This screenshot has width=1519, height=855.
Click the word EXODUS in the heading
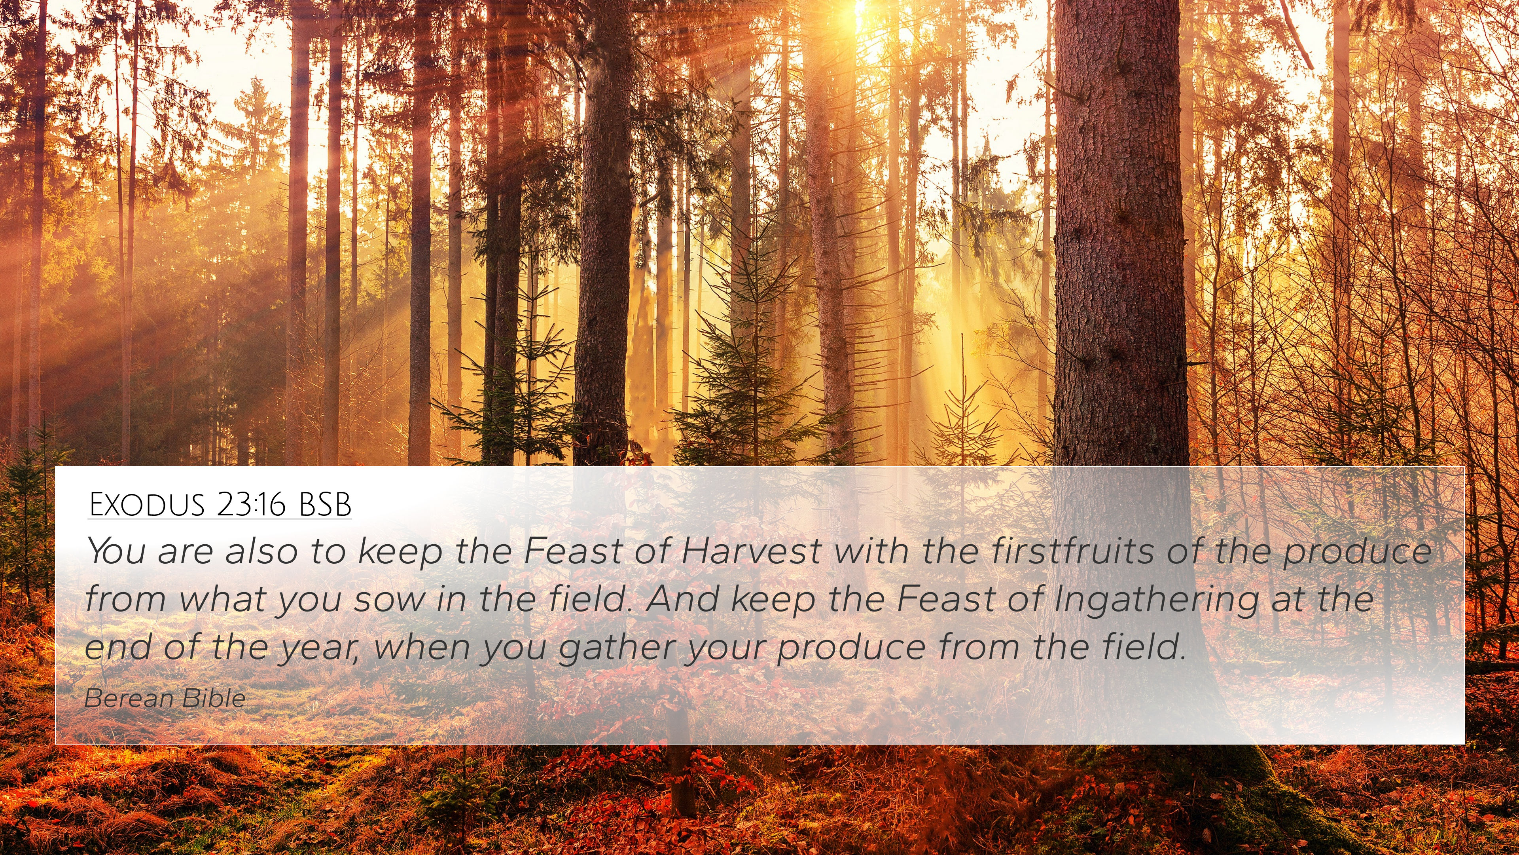(147, 505)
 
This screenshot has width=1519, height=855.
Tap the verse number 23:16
(251, 505)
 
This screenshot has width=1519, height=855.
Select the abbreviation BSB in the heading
(325, 505)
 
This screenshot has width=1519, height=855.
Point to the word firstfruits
(1072, 551)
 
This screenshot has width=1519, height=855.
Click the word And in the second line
(682, 598)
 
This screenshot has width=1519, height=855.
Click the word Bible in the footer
(214, 698)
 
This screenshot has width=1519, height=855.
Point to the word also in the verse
(261, 551)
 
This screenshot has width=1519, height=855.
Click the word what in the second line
(222, 598)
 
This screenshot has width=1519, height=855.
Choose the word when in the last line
(422, 647)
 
